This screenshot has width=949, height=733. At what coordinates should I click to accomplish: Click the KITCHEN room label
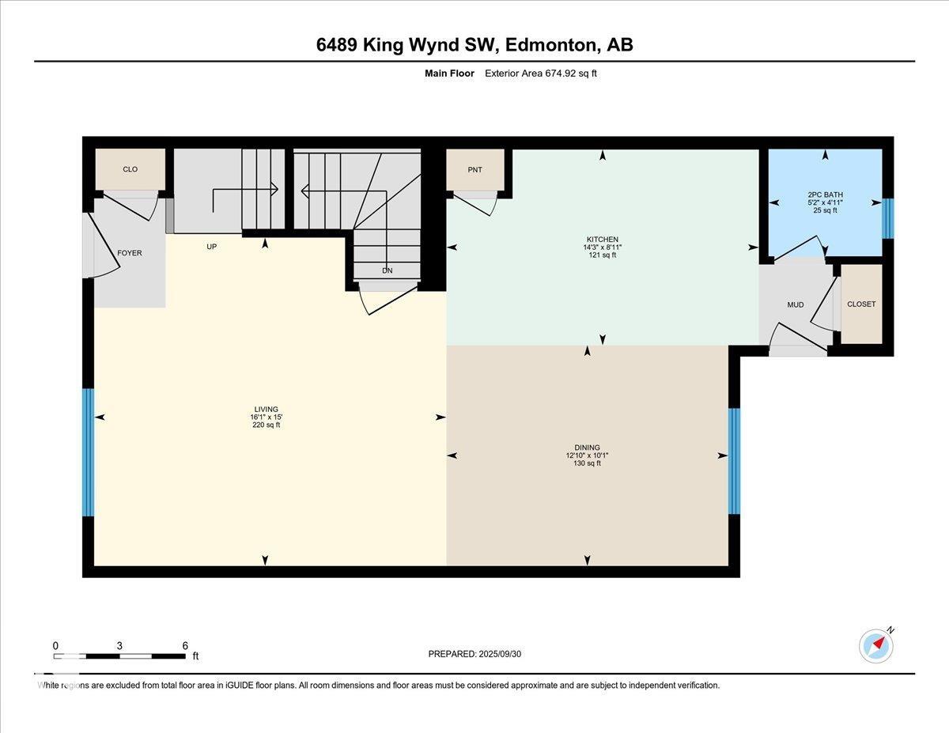coord(602,240)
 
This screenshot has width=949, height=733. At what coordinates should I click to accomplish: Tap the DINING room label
coord(587,448)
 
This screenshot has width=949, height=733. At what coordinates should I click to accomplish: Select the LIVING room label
coord(266,410)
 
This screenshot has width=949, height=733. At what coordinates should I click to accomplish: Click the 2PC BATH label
coord(825,195)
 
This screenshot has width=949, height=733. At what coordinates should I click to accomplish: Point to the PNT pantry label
coord(475,170)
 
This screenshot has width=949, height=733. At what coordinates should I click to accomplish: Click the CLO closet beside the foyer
coord(130,169)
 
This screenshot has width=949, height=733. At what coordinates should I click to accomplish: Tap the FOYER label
coord(130,253)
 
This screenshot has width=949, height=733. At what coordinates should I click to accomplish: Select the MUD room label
coord(795,304)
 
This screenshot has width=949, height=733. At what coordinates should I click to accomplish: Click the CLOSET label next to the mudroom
coord(861,304)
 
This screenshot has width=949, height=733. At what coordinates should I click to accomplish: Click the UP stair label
coord(212,247)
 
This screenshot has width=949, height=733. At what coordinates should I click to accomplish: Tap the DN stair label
coord(388,270)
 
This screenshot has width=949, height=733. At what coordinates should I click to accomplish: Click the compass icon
coord(876,646)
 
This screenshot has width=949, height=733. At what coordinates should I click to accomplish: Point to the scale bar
coord(119,656)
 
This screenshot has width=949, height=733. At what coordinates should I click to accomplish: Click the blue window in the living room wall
coord(88,452)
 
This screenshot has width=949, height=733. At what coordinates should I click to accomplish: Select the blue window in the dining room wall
coord(734,461)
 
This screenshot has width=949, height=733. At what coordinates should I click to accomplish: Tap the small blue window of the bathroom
coord(887,218)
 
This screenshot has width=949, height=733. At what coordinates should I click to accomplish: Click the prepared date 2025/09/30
coord(475,654)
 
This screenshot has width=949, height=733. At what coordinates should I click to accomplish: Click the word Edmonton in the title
coord(550,45)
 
